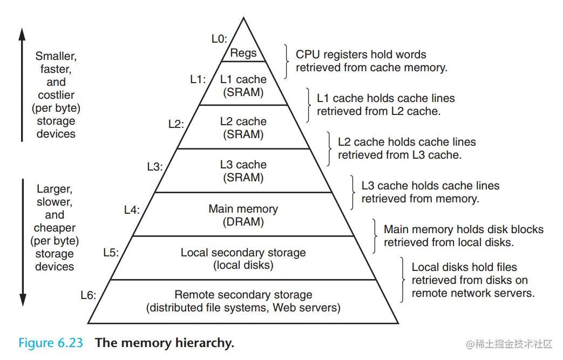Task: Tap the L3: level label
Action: [x=154, y=167]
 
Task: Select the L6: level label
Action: [x=88, y=295]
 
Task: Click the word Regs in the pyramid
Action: [x=243, y=53]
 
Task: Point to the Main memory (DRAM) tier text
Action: [x=243, y=215]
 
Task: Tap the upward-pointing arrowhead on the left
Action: [x=22, y=34]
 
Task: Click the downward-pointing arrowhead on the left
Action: [x=22, y=300]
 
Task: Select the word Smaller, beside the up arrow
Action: [x=56, y=56]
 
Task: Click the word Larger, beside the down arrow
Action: [x=55, y=189]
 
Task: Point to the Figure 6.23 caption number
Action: [x=51, y=343]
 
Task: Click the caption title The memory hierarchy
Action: [x=165, y=343]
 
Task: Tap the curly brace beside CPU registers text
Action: [x=287, y=61]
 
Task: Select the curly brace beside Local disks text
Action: [x=403, y=280]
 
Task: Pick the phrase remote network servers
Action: [x=473, y=293]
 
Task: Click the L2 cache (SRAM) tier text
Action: [x=243, y=128]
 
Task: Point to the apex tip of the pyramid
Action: [x=243, y=18]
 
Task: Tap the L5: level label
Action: [x=111, y=252]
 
